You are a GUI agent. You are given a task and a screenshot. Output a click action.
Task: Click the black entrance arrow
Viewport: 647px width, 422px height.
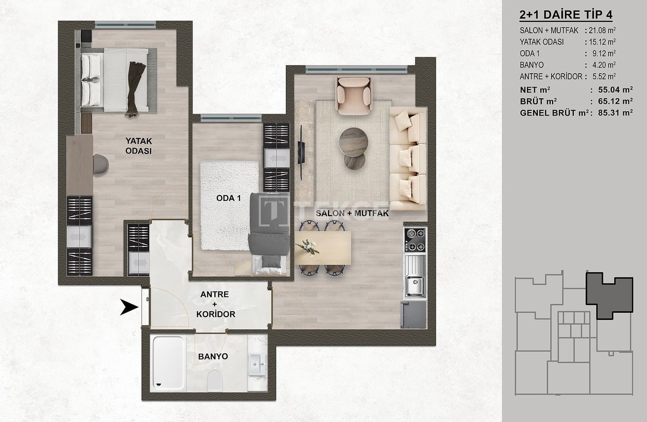(130, 307)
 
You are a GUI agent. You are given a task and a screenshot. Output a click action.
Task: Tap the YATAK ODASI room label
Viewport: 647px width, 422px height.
(139, 146)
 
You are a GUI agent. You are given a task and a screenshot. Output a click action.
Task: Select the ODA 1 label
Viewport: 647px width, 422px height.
(229, 198)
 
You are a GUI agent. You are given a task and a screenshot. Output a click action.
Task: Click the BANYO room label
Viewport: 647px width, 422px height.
(213, 356)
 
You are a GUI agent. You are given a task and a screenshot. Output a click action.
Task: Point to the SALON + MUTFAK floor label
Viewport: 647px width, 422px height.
(352, 213)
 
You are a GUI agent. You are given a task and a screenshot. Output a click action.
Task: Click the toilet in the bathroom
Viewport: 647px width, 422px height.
(215, 380)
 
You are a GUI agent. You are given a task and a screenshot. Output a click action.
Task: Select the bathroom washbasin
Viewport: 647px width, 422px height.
(257, 365)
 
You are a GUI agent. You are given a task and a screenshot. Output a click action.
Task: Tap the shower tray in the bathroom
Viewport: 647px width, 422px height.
(168, 363)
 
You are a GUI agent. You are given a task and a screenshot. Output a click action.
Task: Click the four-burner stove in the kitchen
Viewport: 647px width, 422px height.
(415, 240)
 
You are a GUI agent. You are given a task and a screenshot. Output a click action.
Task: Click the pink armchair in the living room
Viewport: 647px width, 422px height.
(354, 96)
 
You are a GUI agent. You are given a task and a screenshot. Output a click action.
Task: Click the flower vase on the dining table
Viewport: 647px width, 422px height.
(308, 248)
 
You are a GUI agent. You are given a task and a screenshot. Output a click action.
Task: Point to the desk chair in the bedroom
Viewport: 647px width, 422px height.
(101, 164)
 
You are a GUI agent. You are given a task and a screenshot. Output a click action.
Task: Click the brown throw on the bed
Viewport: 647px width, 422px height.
(133, 88)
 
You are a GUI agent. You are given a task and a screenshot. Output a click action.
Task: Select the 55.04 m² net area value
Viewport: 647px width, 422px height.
(616, 90)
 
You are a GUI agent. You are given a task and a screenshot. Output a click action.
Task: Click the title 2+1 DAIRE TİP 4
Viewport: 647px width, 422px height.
(566, 15)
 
